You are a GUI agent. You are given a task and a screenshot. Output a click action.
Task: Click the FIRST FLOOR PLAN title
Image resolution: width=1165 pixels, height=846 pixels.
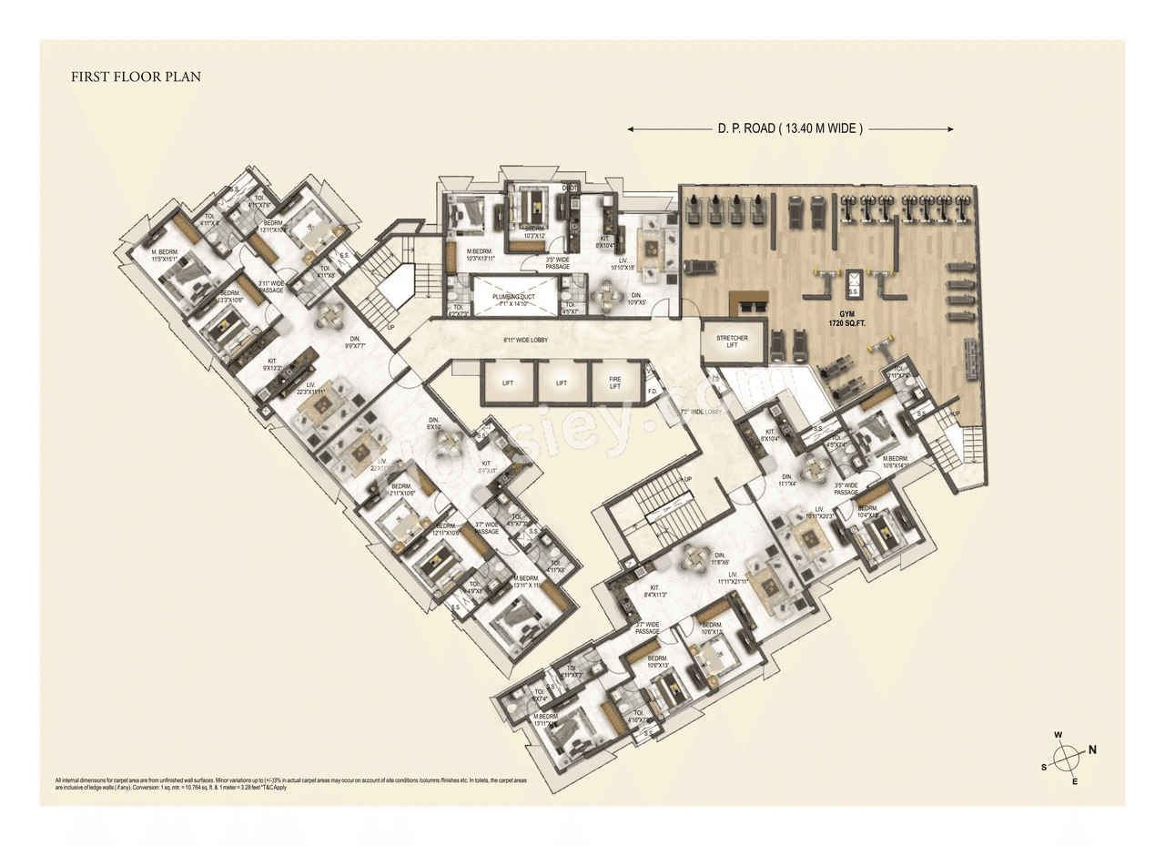(136, 77)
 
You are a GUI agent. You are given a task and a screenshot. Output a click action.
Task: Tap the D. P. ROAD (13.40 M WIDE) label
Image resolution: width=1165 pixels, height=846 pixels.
(789, 129)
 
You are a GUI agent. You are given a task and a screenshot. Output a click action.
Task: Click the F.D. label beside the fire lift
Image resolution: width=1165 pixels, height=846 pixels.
(653, 392)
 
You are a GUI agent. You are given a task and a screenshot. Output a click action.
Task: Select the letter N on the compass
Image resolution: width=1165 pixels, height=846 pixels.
(1093, 750)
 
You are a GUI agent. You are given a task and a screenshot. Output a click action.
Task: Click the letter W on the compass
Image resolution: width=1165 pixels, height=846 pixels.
(1059, 735)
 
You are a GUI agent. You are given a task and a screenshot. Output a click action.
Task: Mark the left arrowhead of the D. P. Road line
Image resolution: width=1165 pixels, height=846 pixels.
(632, 129)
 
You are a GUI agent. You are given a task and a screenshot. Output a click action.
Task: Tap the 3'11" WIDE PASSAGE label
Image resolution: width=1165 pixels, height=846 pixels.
(271, 286)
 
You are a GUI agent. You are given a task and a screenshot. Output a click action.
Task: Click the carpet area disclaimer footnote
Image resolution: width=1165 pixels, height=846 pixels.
(290, 784)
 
